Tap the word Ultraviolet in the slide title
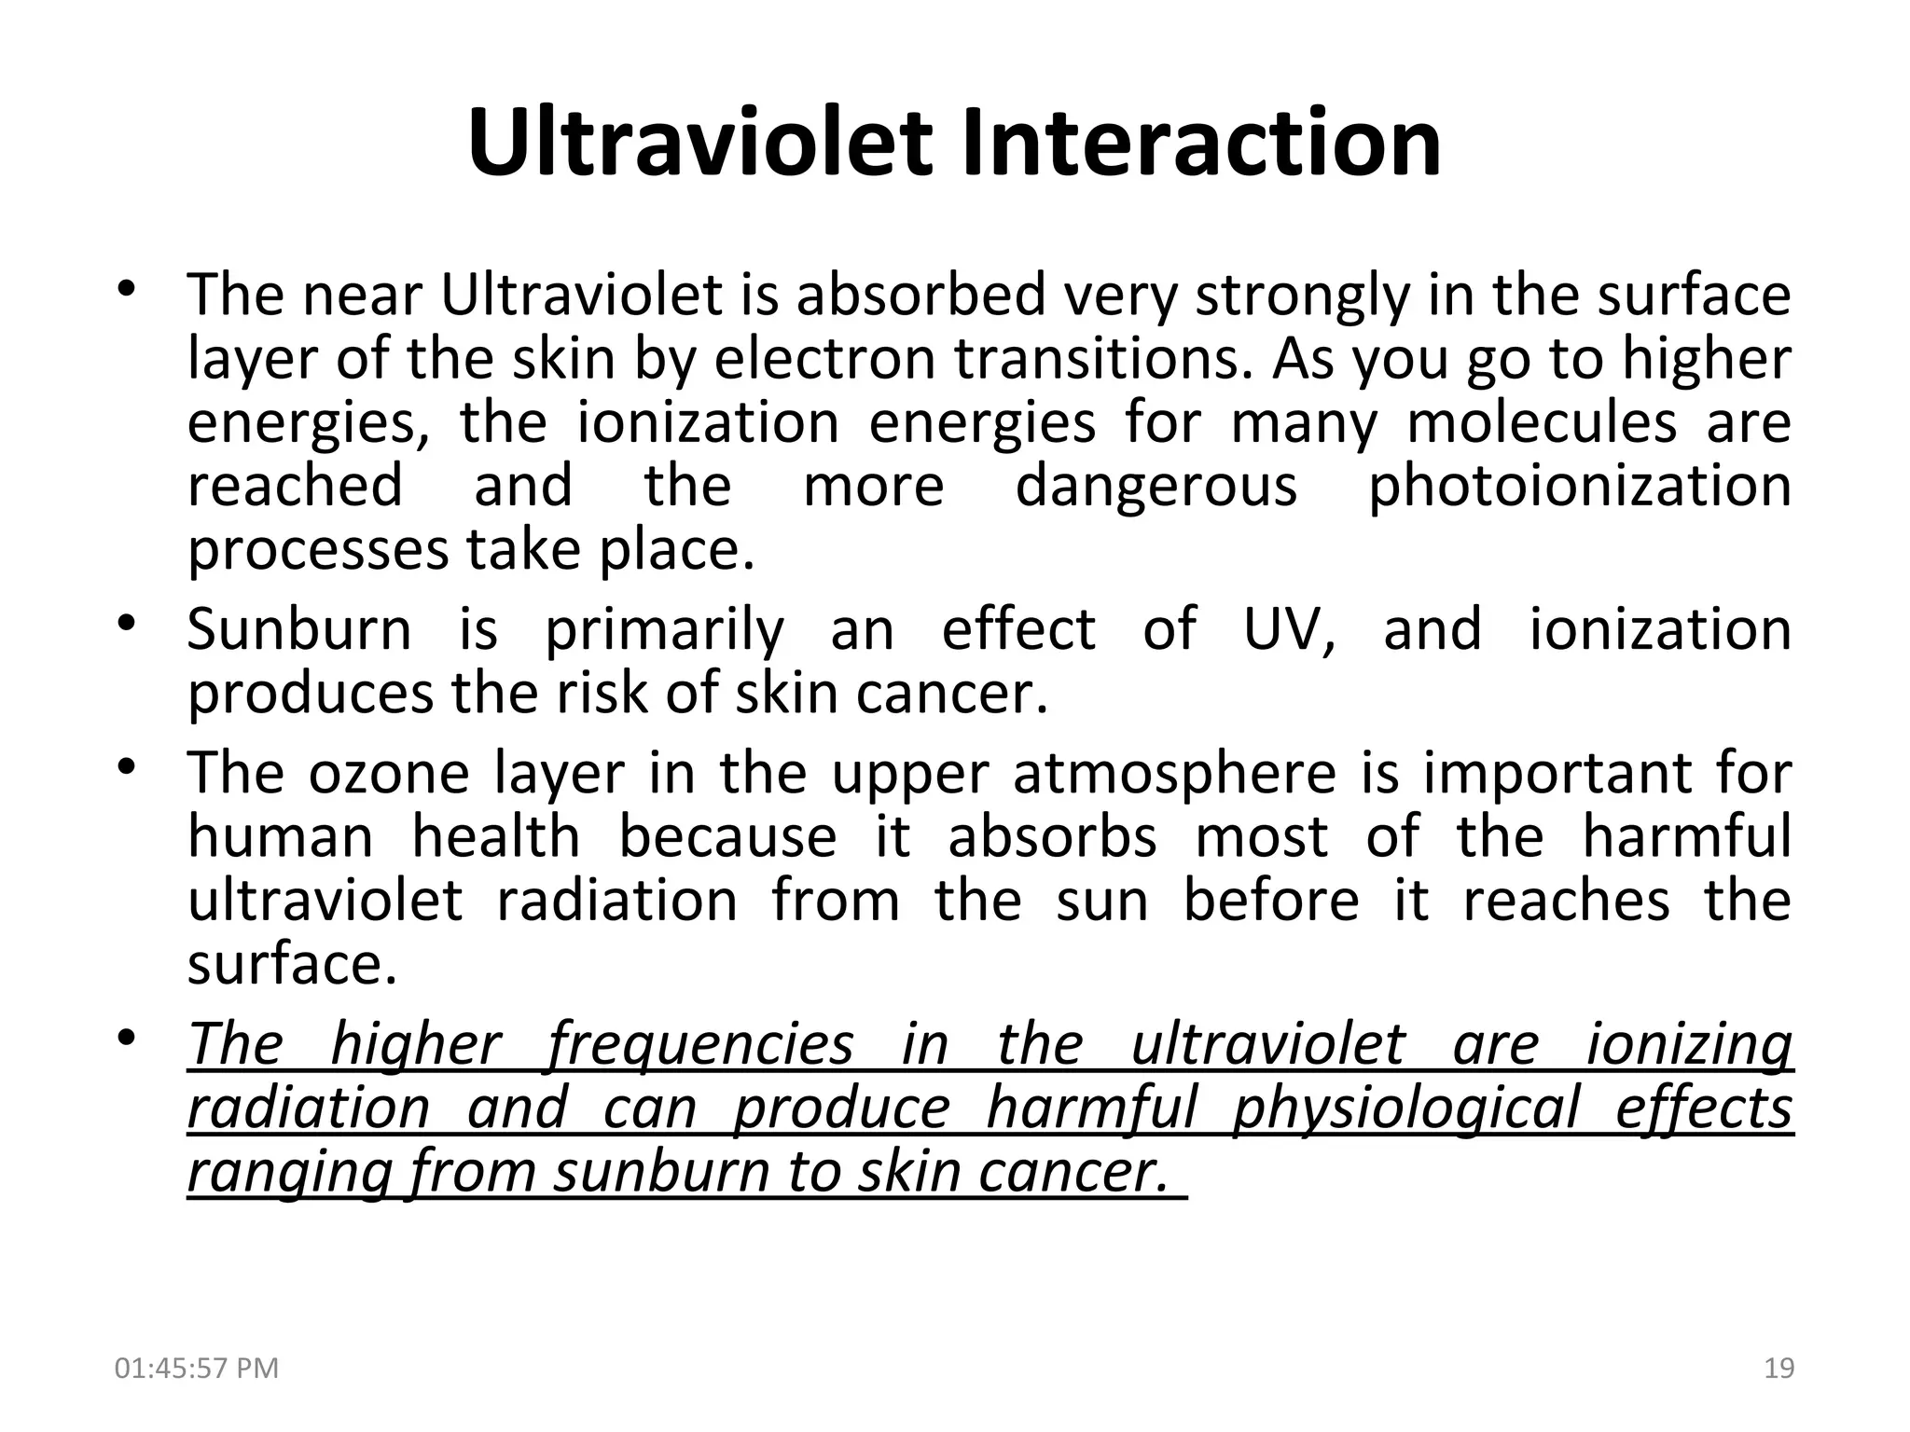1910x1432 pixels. click(x=699, y=145)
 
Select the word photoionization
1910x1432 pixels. click(x=1579, y=488)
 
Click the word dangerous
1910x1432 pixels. click(x=1156, y=488)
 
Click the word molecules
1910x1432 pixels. click(x=1542, y=423)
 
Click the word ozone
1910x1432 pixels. click(x=388, y=775)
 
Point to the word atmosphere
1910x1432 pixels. click(x=1174, y=775)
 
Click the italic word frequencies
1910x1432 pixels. click(x=699, y=1045)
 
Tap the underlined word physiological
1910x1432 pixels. click(x=1405, y=1109)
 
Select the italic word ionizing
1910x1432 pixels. click(x=1689, y=1045)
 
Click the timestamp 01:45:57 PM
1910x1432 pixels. click(x=196, y=1369)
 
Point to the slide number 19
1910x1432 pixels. click(x=1779, y=1369)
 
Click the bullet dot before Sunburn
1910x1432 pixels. click(x=128, y=622)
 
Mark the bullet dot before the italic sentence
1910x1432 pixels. click(x=128, y=1037)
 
